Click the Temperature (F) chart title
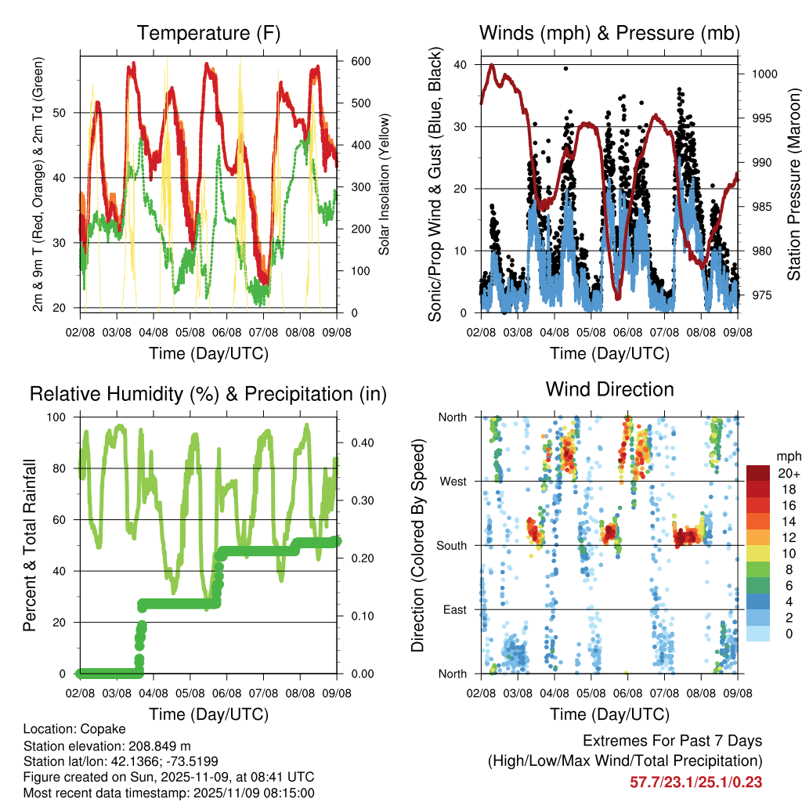click(x=208, y=33)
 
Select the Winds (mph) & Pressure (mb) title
click(x=609, y=33)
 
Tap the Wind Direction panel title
click(x=609, y=389)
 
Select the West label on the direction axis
click(x=452, y=481)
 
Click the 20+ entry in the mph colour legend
click(x=786, y=473)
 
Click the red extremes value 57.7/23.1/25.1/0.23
click(x=695, y=782)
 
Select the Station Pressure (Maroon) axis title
click(x=793, y=173)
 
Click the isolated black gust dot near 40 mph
click(x=565, y=68)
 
